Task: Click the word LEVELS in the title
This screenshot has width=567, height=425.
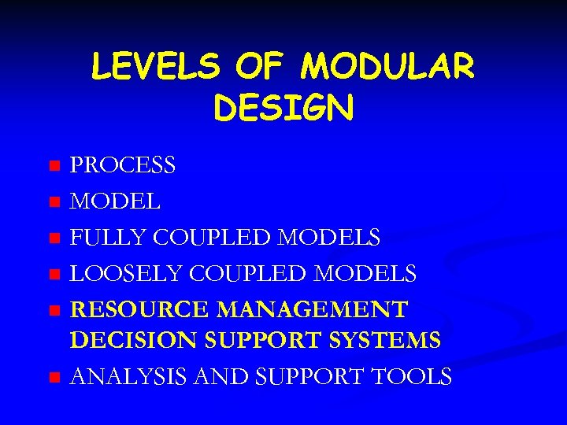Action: point(156,68)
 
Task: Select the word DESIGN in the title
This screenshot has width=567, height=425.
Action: point(283,109)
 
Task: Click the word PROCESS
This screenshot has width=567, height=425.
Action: point(123,166)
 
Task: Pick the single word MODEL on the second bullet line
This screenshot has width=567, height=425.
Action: point(116,201)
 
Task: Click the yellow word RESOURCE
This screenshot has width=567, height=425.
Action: point(140,309)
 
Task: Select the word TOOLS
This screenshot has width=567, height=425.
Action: point(413,376)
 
